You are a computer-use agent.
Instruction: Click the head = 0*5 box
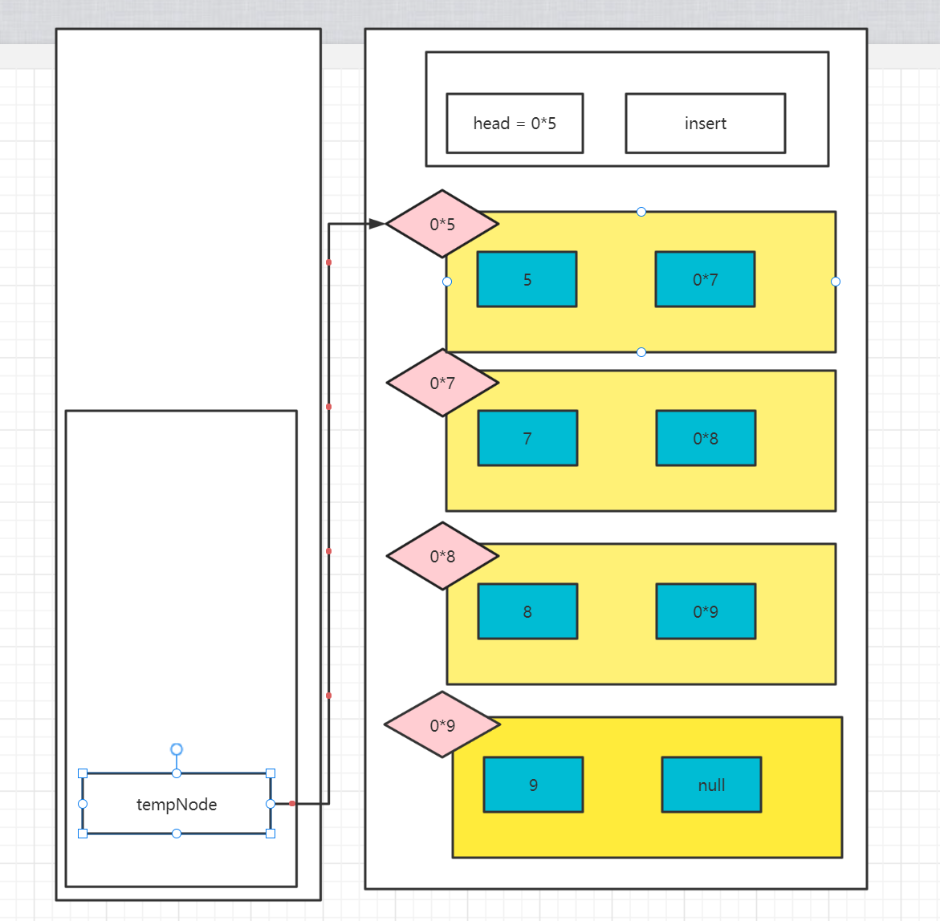pos(515,124)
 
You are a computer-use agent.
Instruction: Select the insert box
pos(705,124)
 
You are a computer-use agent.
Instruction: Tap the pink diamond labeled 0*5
pos(442,224)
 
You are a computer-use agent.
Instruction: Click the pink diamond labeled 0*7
pos(442,383)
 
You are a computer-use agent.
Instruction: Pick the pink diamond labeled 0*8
pos(442,556)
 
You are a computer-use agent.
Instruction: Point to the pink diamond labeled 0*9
pos(442,725)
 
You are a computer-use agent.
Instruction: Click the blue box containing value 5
pos(527,279)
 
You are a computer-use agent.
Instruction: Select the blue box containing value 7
pos(527,438)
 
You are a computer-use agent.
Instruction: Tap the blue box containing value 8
pos(527,611)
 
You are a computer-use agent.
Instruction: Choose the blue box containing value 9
pos(533,785)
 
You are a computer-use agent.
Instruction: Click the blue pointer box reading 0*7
pos(705,279)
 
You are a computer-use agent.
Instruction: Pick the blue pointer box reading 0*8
pos(706,438)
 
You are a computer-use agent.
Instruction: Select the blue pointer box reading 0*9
pos(706,611)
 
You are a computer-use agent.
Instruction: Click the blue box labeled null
pos(711,785)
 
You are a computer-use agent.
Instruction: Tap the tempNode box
pos(177,804)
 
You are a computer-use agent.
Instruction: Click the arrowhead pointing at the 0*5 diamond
pos(376,224)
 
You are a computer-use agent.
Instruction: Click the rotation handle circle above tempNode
pos(177,749)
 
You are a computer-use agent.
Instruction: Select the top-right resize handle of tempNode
pos(271,773)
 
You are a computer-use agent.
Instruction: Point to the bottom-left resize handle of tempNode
pos(83,834)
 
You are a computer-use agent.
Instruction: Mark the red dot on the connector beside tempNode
pos(292,803)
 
